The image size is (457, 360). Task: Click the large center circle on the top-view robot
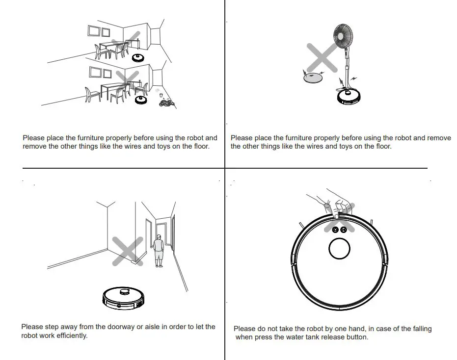(339, 249)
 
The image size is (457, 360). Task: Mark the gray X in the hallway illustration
(128, 251)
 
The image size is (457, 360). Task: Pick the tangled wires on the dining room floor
(165, 103)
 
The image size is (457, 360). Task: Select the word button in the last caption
(356, 337)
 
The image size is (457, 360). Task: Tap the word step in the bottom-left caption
(53, 327)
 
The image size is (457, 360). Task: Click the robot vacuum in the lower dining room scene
(142, 100)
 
